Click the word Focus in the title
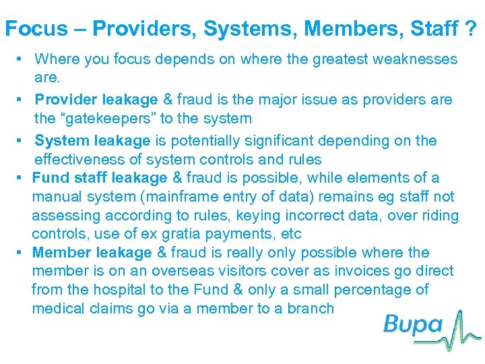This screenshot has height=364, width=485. tap(36, 28)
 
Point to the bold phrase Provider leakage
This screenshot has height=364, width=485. tap(96, 100)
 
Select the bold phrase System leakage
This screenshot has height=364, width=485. tap(92, 141)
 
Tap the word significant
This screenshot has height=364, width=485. tap(285, 141)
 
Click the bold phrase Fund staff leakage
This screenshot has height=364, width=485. tap(99, 178)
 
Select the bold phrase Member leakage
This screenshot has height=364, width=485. tap(92, 253)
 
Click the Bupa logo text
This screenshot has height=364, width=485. tap(412, 325)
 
